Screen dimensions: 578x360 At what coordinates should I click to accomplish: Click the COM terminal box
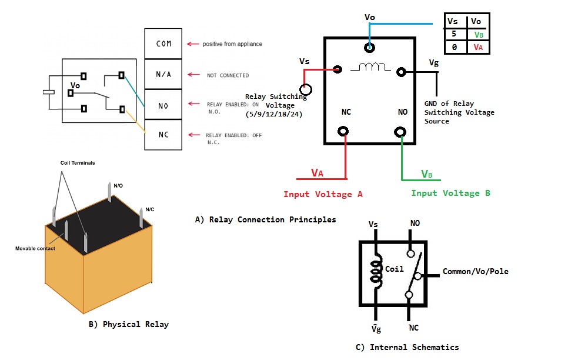(163, 44)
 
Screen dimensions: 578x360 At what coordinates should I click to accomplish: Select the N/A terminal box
(163, 74)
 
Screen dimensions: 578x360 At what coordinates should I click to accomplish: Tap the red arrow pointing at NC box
(194, 135)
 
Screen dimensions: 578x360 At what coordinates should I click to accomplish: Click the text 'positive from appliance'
(232, 44)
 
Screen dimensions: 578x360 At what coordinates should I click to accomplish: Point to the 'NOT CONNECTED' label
(228, 75)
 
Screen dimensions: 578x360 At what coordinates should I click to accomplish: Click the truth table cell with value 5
(454, 34)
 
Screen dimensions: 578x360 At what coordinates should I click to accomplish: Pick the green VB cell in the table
(479, 35)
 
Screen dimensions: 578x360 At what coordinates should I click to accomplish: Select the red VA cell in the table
(478, 47)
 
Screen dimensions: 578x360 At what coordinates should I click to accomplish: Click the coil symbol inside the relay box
(370, 66)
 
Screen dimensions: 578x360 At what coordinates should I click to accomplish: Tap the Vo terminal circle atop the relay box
(369, 48)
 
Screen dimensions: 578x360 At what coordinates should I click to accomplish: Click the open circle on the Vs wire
(306, 89)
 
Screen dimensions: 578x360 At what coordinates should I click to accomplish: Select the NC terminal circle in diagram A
(343, 131)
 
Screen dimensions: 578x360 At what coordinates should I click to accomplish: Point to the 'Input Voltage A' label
(323, 194)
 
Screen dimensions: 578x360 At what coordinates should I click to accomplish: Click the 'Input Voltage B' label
(450, 194)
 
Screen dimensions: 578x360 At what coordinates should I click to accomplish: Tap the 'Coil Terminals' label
(78, 163)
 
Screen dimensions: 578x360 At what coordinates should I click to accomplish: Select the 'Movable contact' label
(35, 249)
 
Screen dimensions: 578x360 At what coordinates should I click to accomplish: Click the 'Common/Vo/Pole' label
(476, 272)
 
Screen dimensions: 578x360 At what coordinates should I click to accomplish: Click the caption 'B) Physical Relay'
(129, 325)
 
